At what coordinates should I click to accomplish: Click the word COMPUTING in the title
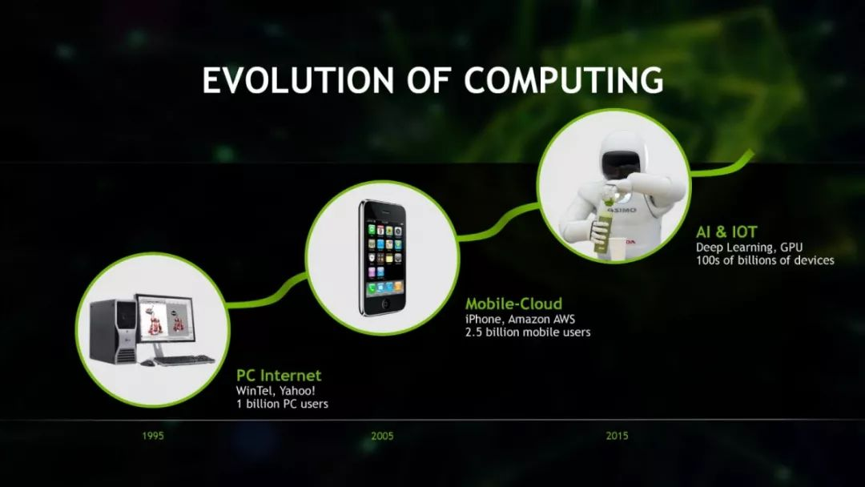click(x=563, y=81)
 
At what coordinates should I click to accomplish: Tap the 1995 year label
click(x=153, y=436)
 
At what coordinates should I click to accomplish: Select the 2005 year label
click(x=382, y=436)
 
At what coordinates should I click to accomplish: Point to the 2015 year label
click(x=617, y=436)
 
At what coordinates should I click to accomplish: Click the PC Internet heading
click(x=279, y=376)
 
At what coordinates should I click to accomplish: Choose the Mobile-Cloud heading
click(x=513, y=304)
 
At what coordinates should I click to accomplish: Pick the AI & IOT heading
click(x=726, y=232)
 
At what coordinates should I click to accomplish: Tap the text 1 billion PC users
click(x=282, y=404)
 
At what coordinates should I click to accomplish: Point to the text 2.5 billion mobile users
click(x=528, y=332)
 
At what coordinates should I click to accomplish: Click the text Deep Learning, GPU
click(x=749, y=248)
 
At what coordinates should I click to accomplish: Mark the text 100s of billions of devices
click(x=765, y=260)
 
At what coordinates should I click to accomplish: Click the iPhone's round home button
click(x=385, y=304)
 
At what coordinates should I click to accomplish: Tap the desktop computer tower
click(x=113, y=330)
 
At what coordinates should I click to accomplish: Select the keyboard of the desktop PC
click(x=183, y=360)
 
